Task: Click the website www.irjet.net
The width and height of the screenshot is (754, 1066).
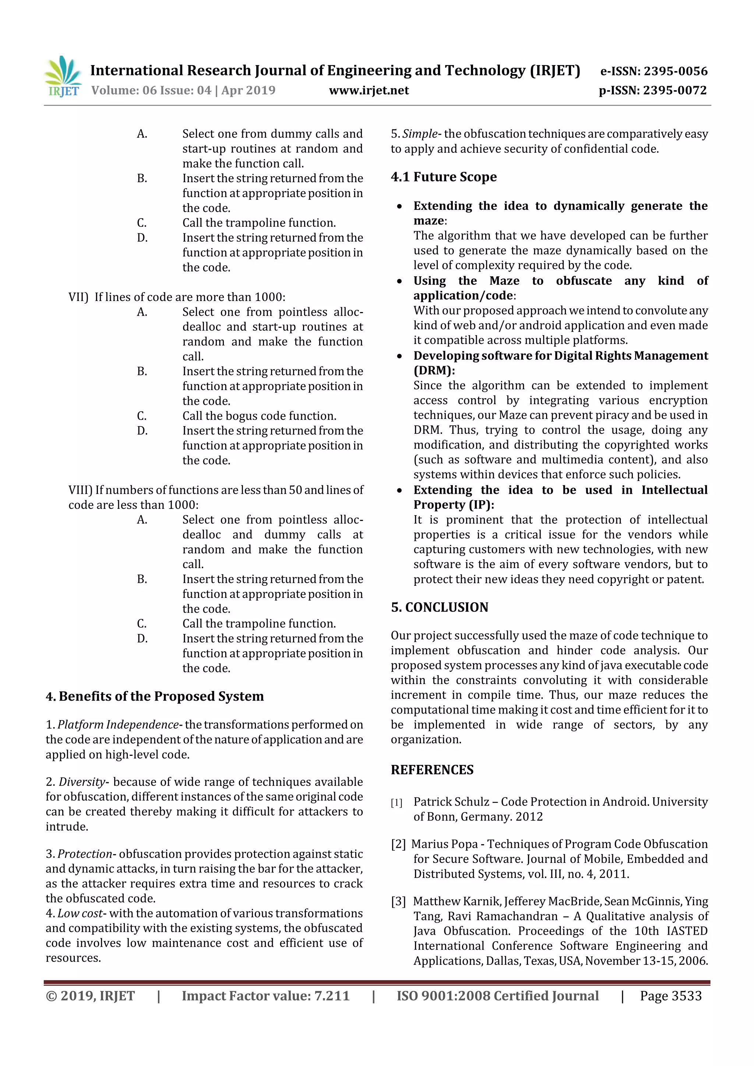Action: point(369,91)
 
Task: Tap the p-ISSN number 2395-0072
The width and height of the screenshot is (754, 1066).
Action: point(674,91)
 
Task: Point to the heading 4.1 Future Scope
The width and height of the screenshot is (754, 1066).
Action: point(444,177)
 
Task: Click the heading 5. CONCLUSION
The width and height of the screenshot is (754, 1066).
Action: point(440,607)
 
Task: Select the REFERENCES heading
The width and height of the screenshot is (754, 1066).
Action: point(432,770)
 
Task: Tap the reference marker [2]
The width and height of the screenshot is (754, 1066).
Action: point(398,844)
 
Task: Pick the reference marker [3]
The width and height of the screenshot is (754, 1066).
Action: point(398,902)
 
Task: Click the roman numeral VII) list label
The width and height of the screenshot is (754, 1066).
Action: point(78,297)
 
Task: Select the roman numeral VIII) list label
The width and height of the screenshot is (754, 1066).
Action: point(80,490)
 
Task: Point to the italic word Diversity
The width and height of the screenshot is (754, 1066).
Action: point(81,782)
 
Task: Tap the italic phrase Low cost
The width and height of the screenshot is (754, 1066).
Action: point(80,913)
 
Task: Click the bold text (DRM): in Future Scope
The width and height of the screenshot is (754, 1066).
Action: point(434,371)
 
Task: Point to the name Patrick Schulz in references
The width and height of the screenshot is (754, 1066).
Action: point(451,802)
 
